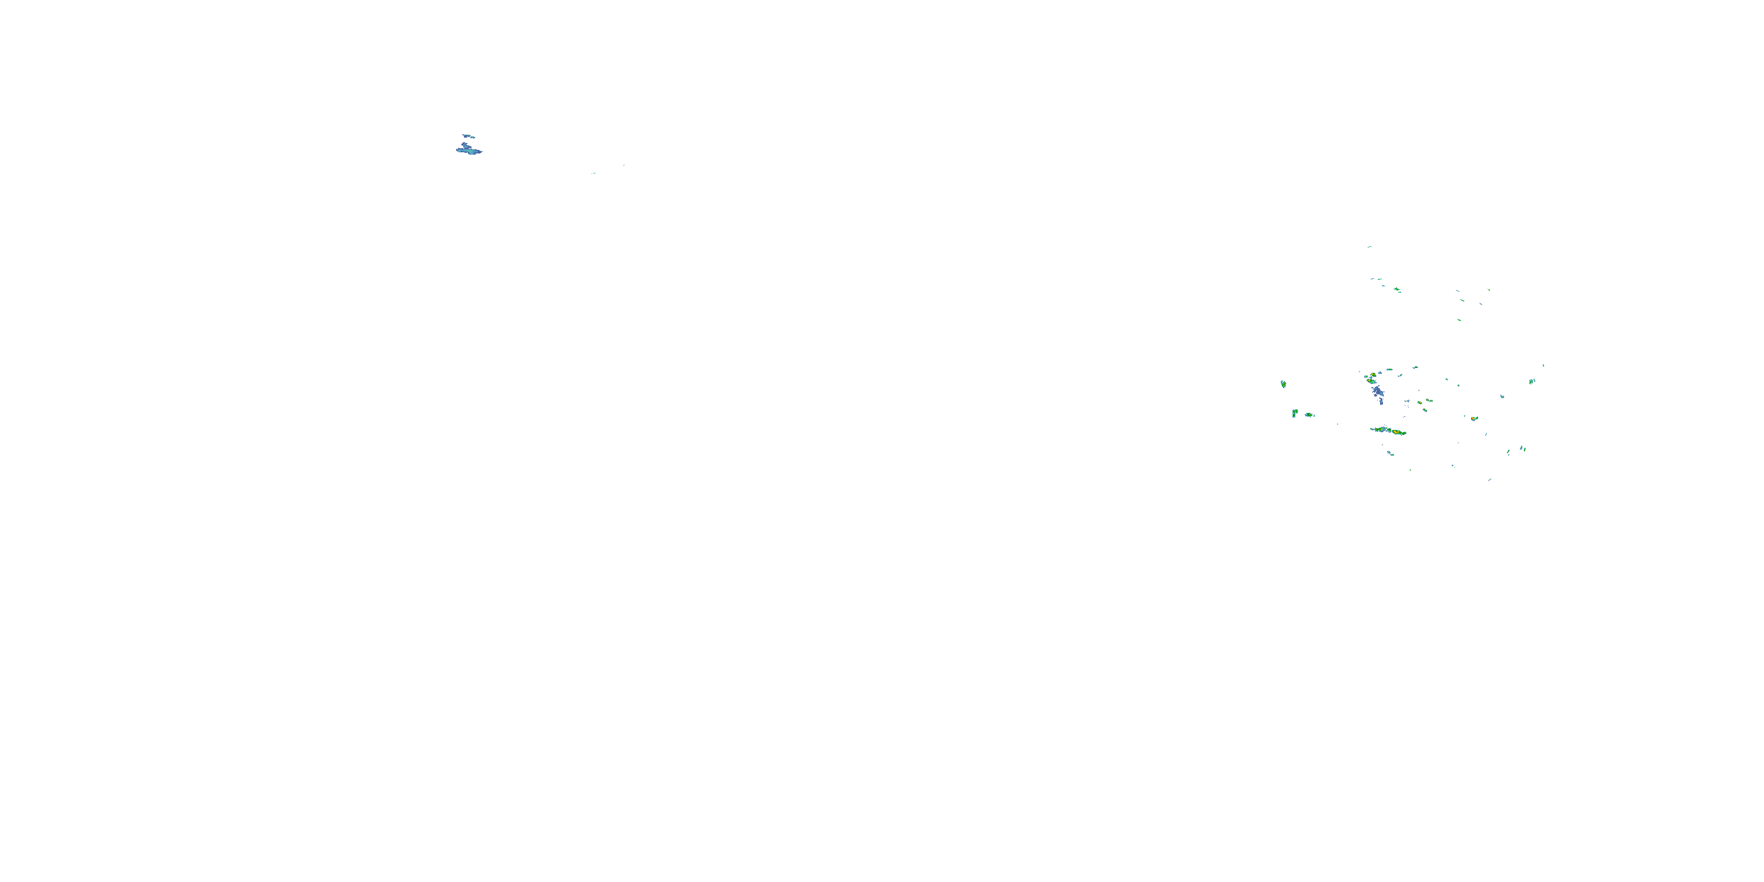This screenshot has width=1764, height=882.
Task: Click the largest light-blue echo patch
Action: pos(469,149)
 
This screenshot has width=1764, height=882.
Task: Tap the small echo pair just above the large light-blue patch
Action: pos(467,136)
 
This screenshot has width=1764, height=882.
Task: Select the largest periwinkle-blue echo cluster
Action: pos(1377,392)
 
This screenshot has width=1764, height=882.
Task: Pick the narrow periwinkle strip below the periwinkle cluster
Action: pos(1381,402)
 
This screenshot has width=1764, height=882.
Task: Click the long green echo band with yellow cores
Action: pos(1388,431)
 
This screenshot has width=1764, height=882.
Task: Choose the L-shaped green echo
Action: pos(1295,413)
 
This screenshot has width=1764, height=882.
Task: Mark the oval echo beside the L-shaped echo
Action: pos(1309,415)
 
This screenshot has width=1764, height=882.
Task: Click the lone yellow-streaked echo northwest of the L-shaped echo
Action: pos(1283,384)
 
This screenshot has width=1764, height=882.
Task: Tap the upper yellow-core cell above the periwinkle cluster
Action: pos(1373,375)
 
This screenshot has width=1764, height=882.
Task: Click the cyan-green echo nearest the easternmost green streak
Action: pos(1532,382)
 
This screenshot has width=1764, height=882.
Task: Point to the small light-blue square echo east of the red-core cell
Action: pos(1502,396)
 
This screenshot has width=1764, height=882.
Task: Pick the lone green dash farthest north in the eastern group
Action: pos(1369,246)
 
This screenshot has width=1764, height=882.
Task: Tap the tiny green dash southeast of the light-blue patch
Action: pos(593,173)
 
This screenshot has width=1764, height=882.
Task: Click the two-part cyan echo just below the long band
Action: pos(1390,453)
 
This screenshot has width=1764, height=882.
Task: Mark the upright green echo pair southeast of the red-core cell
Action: pos(1522,449)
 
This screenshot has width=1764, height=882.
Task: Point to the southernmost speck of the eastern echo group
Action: pos(1489,479)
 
